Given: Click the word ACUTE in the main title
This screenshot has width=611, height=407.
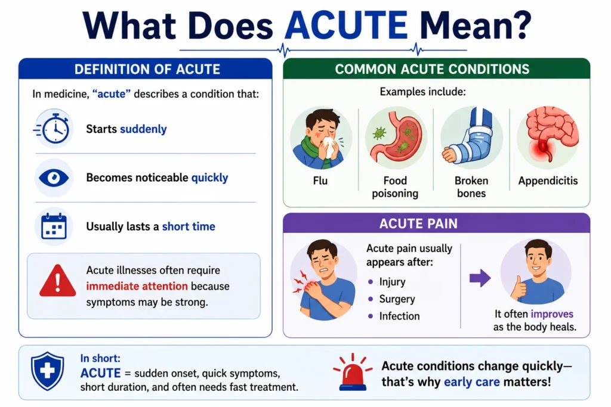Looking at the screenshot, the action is click(346, 25).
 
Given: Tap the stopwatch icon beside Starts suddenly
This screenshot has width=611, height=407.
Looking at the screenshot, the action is click(53, 128).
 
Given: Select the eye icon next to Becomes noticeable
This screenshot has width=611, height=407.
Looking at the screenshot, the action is click(54, 178).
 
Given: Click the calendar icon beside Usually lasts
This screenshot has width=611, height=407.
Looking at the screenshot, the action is click(54, 226).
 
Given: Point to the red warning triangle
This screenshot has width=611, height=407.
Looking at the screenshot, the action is click(58, 281).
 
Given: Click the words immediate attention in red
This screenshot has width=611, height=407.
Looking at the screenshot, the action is click(137, 286).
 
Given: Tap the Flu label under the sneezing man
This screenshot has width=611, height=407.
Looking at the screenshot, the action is click(320, 181).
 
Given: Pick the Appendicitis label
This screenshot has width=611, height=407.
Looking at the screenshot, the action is click(548, 181).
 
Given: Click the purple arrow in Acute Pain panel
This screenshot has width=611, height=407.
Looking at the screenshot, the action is click(480, 278).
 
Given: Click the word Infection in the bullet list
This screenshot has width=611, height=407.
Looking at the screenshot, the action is click(399, 316).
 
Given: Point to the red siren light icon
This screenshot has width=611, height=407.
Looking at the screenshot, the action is click(353, 372).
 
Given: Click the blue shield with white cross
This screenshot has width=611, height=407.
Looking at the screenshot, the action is click(48, 371).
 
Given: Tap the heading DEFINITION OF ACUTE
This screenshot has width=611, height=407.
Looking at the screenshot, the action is click(147, 69).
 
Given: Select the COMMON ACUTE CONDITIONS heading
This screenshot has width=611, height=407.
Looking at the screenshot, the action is click(432, 69).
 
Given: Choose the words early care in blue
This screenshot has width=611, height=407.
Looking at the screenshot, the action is click(472, 382).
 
